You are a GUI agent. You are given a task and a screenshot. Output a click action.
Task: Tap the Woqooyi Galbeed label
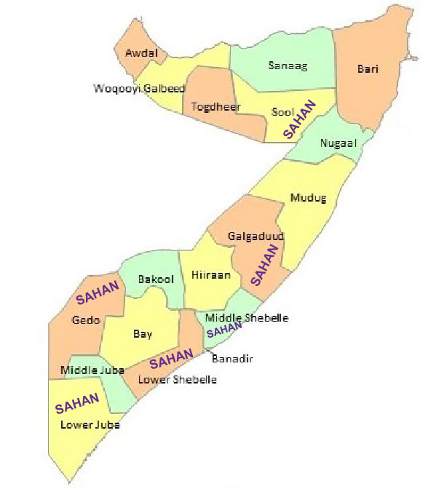[x=139, y=89]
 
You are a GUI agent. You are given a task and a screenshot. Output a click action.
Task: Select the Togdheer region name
[x=211, y=107]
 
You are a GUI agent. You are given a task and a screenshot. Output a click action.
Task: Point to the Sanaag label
[x=288, y=66]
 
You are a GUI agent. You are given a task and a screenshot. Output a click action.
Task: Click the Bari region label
[x=368, y=69]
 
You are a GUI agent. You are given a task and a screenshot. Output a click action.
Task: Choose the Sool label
[x=282, y=111]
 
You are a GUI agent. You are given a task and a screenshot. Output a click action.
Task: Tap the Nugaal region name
[x=338, y=143]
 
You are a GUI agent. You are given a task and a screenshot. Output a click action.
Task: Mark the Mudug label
[x=309, y=197]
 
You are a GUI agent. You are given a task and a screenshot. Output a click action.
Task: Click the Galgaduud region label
[x=255, y=236]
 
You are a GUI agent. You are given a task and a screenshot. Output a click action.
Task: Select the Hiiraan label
[x=211, y=275]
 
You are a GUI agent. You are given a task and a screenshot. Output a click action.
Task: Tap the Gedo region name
[x=86, y=319]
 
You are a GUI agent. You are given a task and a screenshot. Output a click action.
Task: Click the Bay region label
[x=143, y=334]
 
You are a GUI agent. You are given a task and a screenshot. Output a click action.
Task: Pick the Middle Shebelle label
[x=247, y=318]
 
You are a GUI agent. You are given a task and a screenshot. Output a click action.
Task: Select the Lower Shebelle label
[x=179, y=379]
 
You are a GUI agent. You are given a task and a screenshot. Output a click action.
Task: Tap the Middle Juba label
[x=92, y=370]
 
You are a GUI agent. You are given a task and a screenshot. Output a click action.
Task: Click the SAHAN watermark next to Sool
[x=300, y=120]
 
